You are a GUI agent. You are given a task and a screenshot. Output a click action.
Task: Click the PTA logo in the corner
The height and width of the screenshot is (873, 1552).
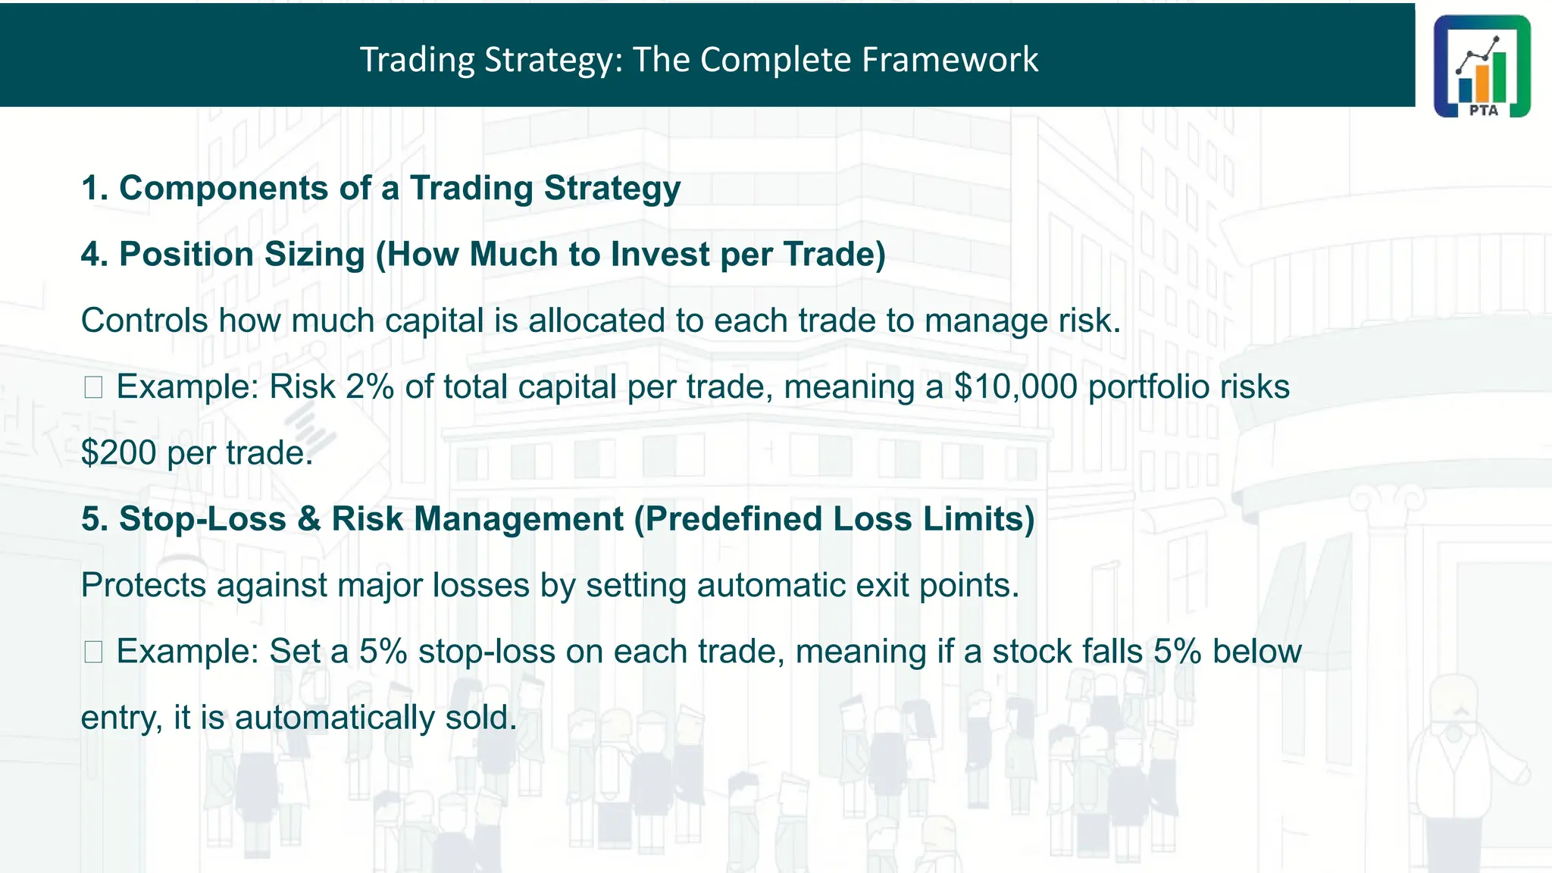(1482, 66)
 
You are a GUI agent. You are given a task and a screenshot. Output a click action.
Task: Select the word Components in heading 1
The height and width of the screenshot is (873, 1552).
(224, 188)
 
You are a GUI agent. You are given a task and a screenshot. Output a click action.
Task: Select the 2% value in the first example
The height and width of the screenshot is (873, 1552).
(370, 386)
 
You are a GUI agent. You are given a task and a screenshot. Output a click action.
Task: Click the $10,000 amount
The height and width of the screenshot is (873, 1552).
(1015, 386)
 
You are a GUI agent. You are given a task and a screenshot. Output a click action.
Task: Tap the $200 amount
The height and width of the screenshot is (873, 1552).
(118, 453)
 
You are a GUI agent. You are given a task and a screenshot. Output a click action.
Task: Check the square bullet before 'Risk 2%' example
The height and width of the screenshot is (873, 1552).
(93, 387)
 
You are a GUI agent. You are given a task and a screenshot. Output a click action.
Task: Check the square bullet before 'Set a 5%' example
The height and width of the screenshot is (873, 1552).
(93, 652)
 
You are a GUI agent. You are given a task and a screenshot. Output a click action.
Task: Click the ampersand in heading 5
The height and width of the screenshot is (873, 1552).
(308, 519)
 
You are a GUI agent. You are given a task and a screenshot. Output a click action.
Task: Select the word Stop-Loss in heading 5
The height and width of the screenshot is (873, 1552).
(202, 519)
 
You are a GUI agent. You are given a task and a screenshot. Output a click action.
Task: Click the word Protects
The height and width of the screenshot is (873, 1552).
(143, 585)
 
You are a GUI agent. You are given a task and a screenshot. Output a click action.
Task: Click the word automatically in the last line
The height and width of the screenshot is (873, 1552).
(334, 718)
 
